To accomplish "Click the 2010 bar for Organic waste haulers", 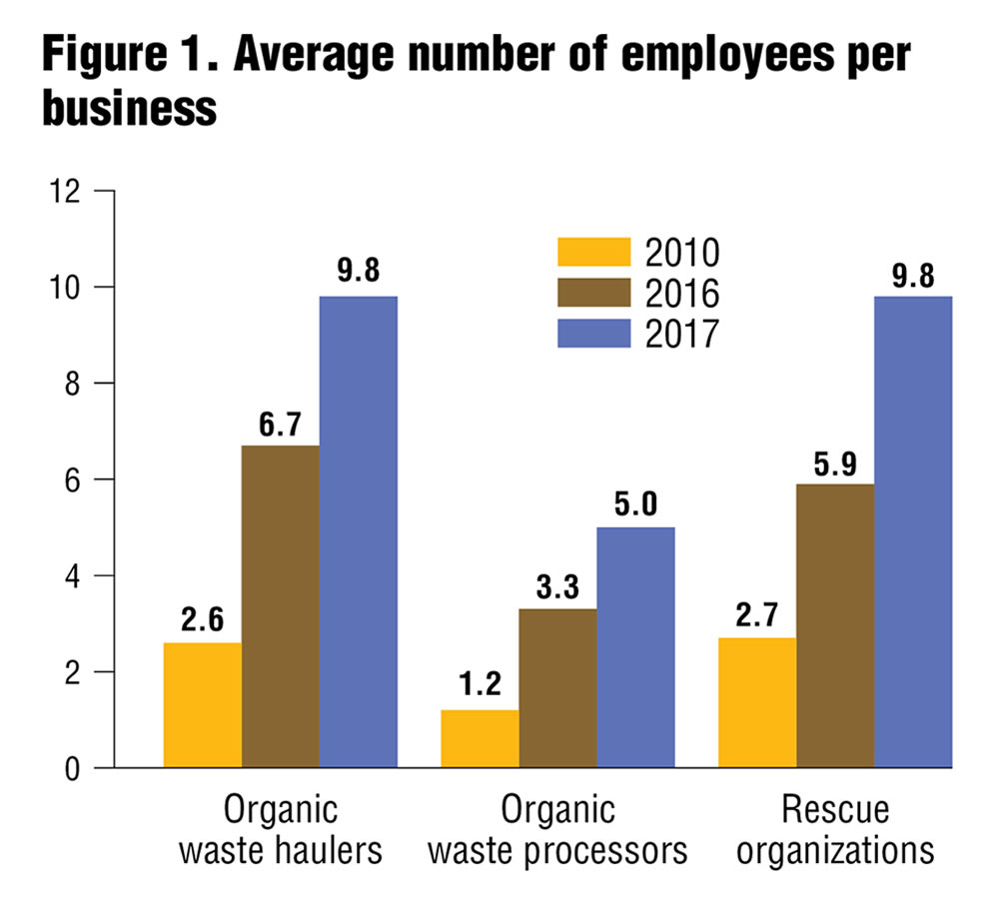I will click(203, 705).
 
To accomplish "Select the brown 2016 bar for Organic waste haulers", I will click(281, 606).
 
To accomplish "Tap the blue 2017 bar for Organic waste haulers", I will click(359, 531).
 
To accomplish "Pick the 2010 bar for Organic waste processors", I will click(481, 739).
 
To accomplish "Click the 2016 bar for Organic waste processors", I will click(558, 688).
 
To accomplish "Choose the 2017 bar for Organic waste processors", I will click(636, 647).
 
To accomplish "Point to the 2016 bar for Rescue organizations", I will click(835, 626).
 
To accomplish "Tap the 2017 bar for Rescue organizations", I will click(913, 531).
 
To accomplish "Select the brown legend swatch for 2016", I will click(594, 293).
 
